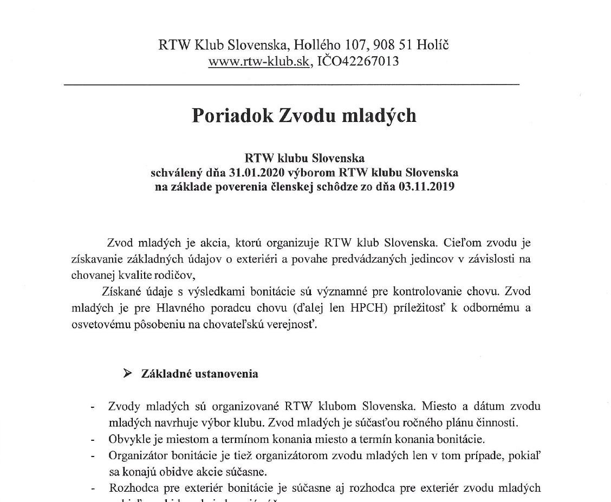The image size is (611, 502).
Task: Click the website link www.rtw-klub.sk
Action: pos(258,61)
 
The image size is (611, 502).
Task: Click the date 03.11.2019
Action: pos(425,187)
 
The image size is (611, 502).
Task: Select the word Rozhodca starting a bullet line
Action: pos(132,488)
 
